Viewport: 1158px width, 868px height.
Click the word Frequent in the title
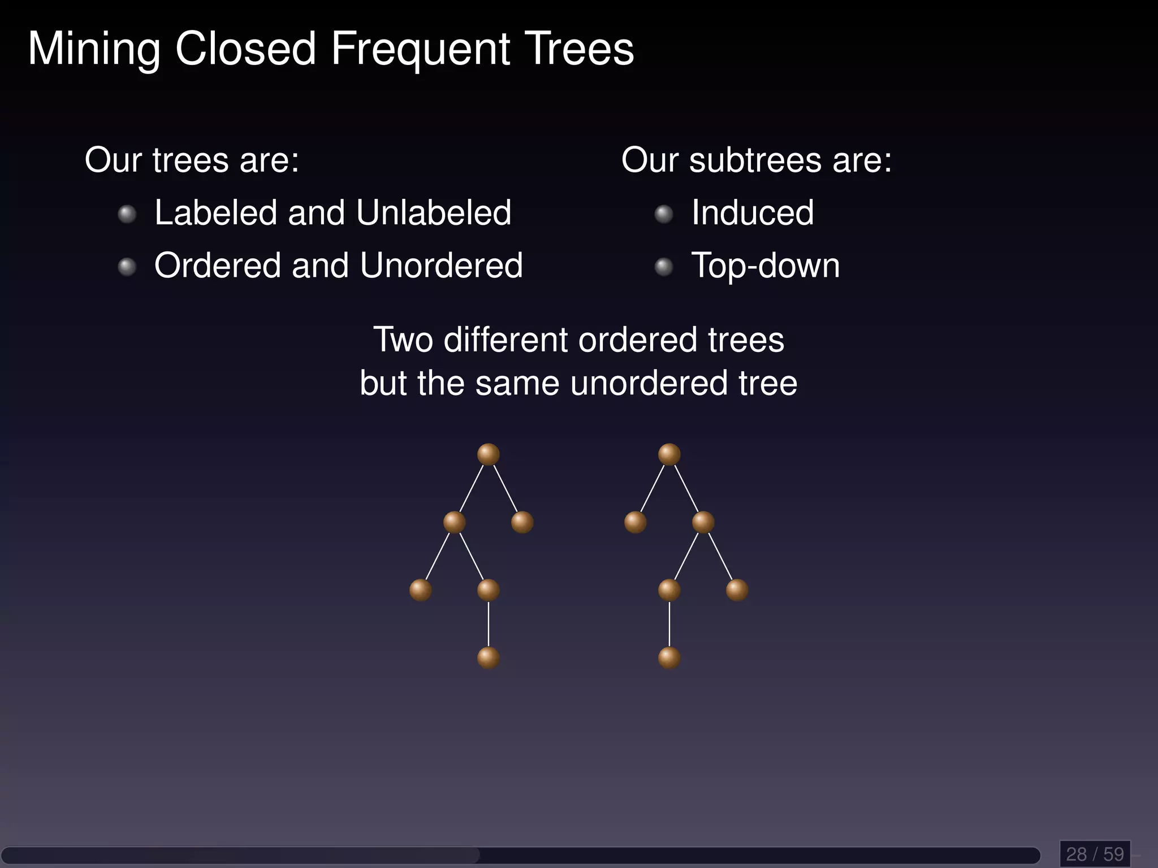click(x=420, y=50)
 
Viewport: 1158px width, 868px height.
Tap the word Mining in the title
click(x=94, y=50)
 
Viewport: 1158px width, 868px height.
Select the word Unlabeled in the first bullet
click(x=434, y=213)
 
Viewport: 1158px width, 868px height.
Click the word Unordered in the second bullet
click(x=441, y=266)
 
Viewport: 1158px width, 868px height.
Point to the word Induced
click(x=753, y=213)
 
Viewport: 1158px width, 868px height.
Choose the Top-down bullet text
click(x=765, y=266)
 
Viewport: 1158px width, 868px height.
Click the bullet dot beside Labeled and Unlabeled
click(x=127, y=214)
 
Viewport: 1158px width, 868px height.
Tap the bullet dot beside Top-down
click(x=664, y=267)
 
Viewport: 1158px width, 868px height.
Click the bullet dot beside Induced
click(x=664, y=214)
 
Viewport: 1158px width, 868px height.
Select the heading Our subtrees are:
click(x=757, y=160)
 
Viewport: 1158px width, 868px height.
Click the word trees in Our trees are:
click(x=191, y=160)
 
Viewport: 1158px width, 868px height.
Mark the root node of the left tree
click(x=489, y=454)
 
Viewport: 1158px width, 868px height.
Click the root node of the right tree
click(x=669, y=454)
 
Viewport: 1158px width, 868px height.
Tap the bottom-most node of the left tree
click(x=489, y=658)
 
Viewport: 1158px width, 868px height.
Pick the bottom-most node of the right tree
click(x=669, y=658)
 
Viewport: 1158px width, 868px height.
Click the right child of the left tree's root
click(x=522, y=522)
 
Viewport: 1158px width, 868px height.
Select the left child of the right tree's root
click(x=636, y=522)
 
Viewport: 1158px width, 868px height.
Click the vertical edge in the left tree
click(x=489, y=624)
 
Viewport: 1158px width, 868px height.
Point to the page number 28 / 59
click(x=1095, y=853)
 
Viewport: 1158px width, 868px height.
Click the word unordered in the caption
click(x=648, y=384)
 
